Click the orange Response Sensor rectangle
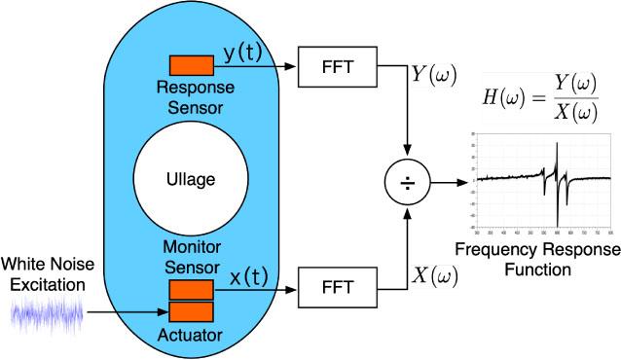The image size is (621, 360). [192, 65]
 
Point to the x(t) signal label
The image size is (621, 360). [249, 276]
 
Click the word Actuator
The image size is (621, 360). [191, 337]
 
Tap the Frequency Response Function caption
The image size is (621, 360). [537, 258]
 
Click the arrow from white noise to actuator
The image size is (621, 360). [127, 313]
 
